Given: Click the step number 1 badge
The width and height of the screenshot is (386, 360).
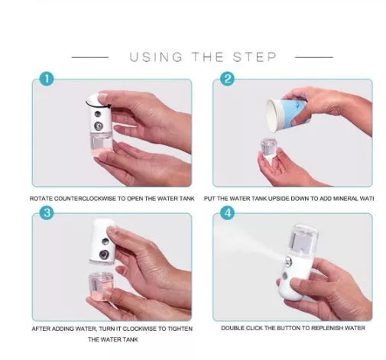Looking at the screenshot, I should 47,79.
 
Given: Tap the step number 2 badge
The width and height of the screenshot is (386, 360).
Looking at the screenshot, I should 227,79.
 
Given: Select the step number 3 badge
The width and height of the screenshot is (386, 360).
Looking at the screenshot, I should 47,213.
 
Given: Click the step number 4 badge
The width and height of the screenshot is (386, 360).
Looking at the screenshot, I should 227,213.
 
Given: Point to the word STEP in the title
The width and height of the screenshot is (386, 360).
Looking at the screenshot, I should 256,57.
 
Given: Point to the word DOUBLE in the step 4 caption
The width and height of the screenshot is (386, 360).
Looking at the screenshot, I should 233,329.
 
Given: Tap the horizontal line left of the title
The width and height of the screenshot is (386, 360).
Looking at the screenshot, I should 89,57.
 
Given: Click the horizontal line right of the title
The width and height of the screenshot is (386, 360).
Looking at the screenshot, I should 313,57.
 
